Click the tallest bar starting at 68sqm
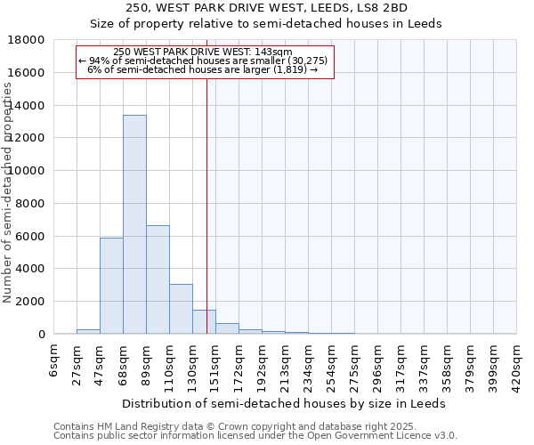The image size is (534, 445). point(134,224)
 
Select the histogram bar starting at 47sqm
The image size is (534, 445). point(111,285)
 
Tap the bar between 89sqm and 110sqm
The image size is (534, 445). point(158,279)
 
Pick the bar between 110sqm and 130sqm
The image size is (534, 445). point(181,309)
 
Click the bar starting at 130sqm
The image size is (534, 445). point(204,322)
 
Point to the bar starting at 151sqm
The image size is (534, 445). point(227,328)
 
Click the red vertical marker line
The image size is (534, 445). point(206,205)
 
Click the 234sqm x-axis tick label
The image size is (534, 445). point(308,363)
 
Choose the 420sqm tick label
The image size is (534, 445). point(517,363)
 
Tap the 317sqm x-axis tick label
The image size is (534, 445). point(401,363)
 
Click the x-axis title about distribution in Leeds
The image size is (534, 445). point(284,403)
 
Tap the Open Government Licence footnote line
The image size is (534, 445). point(255,436)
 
